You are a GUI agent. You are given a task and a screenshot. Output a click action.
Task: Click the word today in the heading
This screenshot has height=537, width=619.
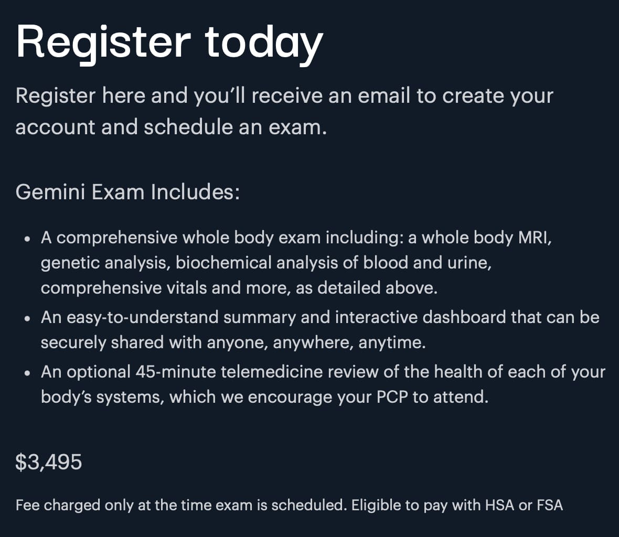pos(264,44)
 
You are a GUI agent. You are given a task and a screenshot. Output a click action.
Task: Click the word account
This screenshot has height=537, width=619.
pos(55,127)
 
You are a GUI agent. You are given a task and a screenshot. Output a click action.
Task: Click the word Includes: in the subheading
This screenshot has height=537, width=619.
pos(195,192)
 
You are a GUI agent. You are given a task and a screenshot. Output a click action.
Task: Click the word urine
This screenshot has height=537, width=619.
pos(469,263)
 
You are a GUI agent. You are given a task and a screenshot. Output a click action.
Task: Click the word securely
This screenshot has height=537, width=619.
pos(73,342)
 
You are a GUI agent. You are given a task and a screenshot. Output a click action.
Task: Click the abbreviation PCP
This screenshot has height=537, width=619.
pos(392,397)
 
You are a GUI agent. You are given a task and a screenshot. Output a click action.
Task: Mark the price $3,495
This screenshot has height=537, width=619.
pos(49,461)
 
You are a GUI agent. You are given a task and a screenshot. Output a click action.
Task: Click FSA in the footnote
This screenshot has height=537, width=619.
pos(550,506)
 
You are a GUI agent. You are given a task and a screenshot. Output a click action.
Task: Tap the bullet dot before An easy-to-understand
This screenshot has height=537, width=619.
pos(27,318)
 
